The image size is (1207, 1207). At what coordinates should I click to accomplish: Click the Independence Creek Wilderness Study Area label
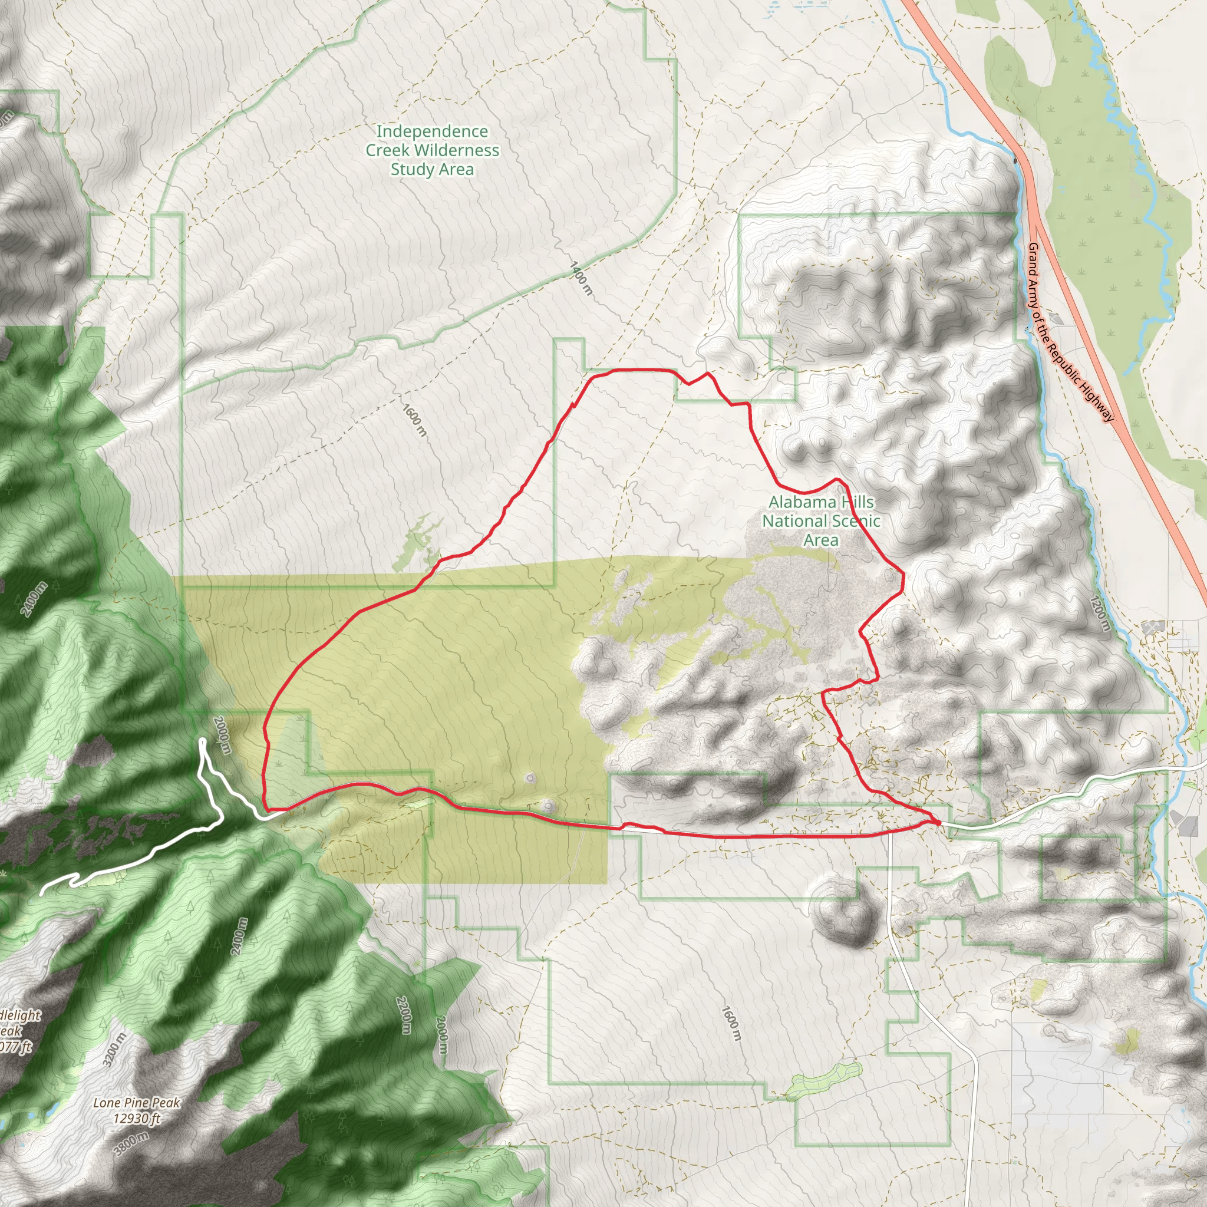click(x=431, y=150)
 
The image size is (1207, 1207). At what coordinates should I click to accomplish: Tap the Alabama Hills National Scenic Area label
click(x=820, y=520)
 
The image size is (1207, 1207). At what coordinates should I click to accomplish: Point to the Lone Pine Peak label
click(x=136, y=1103)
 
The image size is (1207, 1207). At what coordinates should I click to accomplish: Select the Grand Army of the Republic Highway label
click(x=1070, y=332)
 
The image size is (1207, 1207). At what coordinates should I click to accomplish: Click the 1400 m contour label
click(x=581, y=279)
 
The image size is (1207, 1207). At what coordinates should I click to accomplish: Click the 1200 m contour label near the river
click(x=1100, y=614)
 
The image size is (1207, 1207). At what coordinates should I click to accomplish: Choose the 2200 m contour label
click(x=405, y=1015)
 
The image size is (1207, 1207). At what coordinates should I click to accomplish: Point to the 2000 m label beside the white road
click(x=222, y=736)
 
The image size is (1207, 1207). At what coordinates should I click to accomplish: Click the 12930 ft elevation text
click(x=137, y=1118)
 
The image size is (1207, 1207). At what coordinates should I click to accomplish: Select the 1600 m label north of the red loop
click(x=414, y=420)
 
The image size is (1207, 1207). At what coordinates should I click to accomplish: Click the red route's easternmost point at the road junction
click(x=939, y=823)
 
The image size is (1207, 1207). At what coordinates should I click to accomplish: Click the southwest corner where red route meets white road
click(x=268, y=810)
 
